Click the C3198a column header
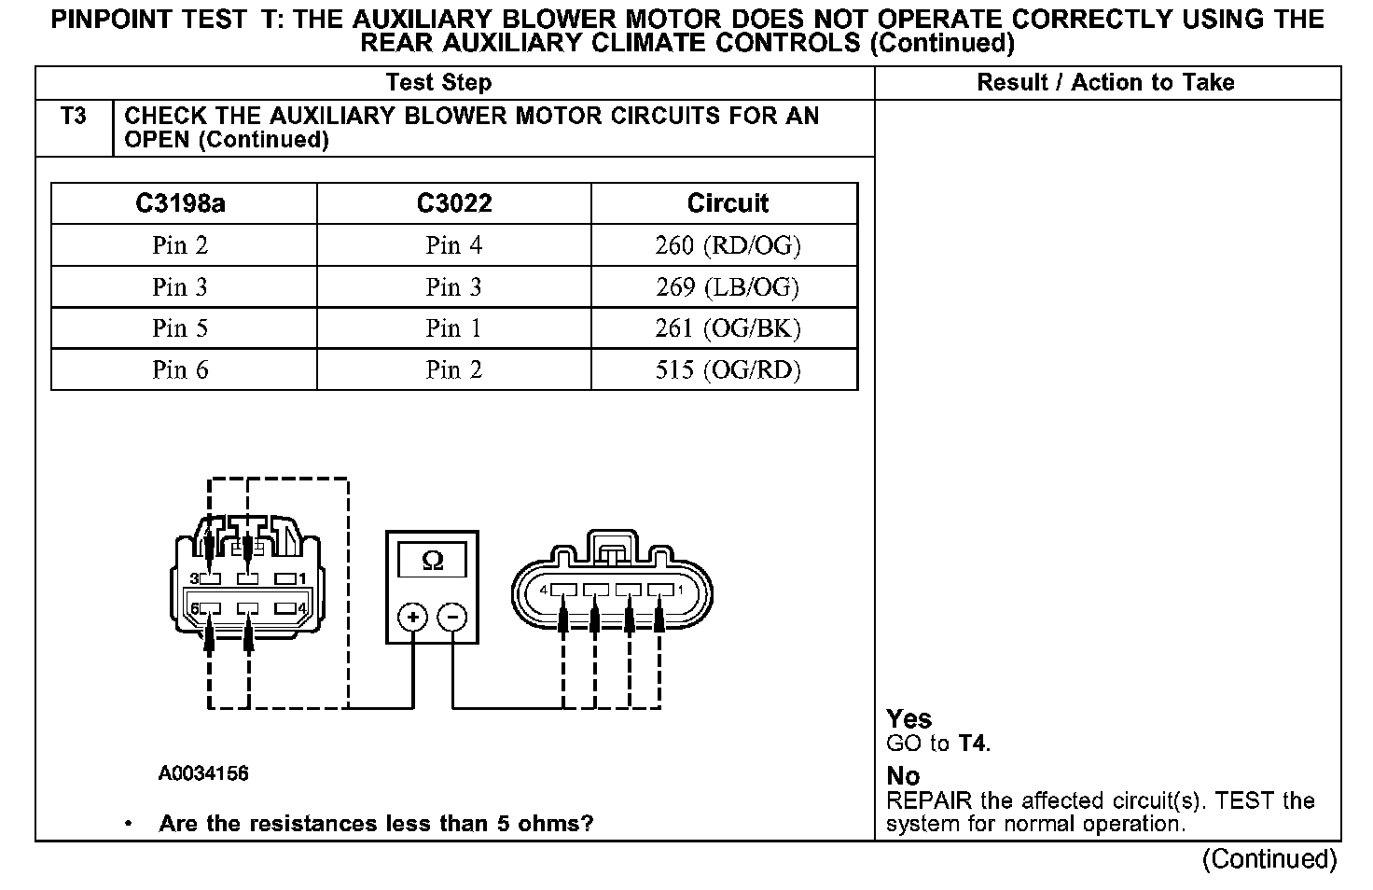tap(180, 203)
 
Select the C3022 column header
tap(454, 203)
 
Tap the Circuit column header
tap(728, 203)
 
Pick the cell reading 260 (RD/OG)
tap(728, 245)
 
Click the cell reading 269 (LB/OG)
tap(728, 287)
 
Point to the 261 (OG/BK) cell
tap(728, 328)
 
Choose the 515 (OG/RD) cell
tap(728, 370)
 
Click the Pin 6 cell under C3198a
tap(180, 370)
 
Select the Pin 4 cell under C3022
tap(454, 245)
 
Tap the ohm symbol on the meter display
tap(433, 561)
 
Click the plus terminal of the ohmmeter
tap(413, 617)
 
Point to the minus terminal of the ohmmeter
tap(452, 617)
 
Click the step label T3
tap(74, 117)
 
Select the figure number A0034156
tap(203, 773)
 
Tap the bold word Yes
tap(908, 719)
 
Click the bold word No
tap(903, 776)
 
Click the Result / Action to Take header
tap(1105, 83)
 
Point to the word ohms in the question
tap(558, 824)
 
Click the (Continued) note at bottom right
tap(1269, 858)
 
